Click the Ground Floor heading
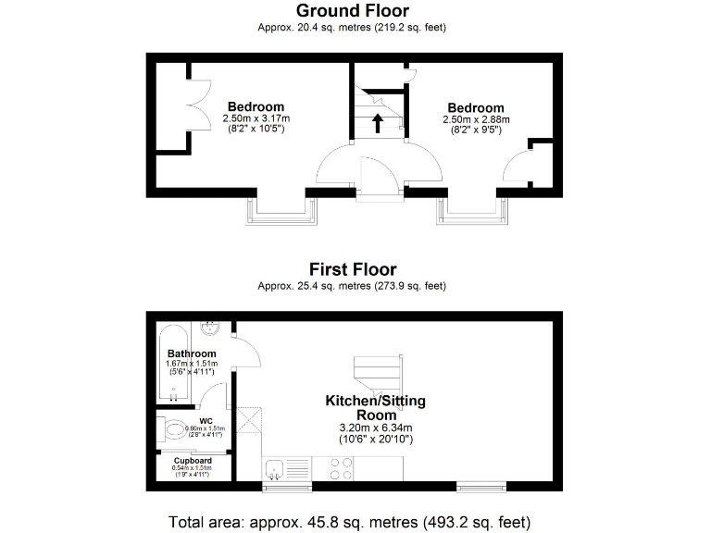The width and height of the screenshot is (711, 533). (x=352, y=11)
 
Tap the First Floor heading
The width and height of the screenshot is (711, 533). (x=352, y=269)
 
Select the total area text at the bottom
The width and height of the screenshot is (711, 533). (x=350, y=520)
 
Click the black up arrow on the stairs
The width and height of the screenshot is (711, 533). (x=377, y=122)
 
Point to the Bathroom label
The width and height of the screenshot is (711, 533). (x=192, y=353)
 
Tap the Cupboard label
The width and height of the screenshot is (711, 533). (x=193, y=460)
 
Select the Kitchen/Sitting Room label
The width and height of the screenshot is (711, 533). (x=368, y=408)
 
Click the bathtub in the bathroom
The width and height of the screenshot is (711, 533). (x=171, y=364)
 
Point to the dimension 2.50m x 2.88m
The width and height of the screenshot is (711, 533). (x=477, y=119)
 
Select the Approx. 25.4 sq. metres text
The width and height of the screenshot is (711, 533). (x=352, y=286)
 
